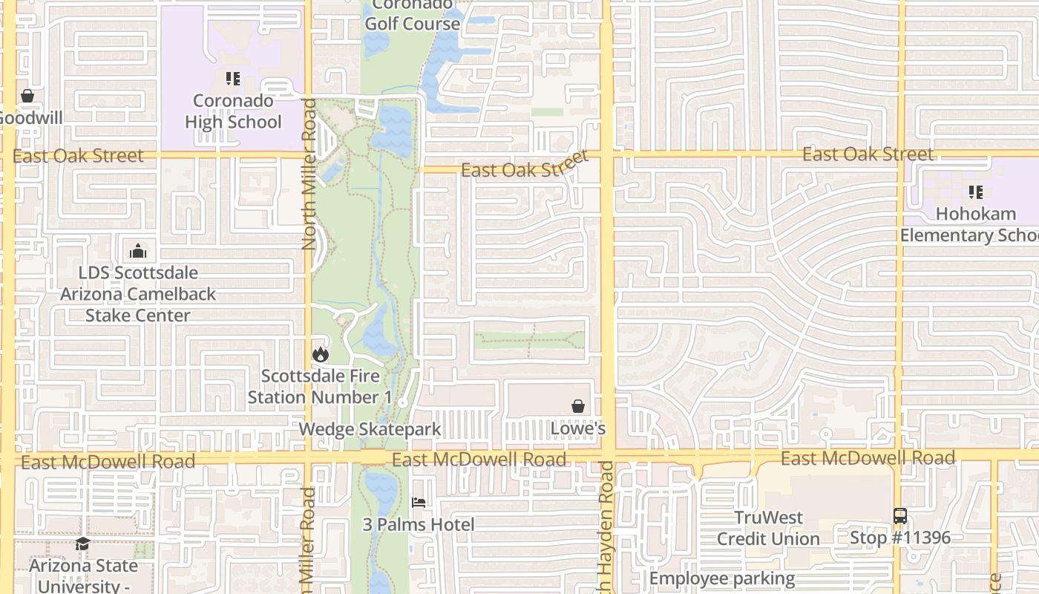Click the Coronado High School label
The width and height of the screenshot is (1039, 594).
click(233, 111)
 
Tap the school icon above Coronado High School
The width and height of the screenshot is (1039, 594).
click(233, 78)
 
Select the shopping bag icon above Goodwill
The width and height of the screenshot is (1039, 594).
click(27, 96)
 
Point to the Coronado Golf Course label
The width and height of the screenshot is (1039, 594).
click(413, 15)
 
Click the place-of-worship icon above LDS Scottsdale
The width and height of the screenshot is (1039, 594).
click(138, 250)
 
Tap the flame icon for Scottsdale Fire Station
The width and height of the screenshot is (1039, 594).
click(321, 354)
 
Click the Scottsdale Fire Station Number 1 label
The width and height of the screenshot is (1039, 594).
click(319, 387)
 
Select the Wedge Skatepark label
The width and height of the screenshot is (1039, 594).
click(370, 429)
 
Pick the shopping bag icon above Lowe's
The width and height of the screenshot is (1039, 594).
click(578, 406)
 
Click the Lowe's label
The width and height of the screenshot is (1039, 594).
click(578, 428)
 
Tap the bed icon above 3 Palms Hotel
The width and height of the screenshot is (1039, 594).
click(419, 503)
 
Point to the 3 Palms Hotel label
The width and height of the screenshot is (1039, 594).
click(419, 525)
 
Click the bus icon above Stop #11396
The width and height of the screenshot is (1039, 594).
click(900, 516)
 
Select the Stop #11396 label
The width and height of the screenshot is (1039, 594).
click(900, 538)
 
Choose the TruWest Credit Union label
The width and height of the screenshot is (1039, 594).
click(768, 528)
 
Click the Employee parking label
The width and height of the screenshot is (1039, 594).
click(722, 578)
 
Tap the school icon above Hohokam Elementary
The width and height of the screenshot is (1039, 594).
click(975, 192)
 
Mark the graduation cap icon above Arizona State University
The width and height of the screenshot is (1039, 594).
click(82, 544)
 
